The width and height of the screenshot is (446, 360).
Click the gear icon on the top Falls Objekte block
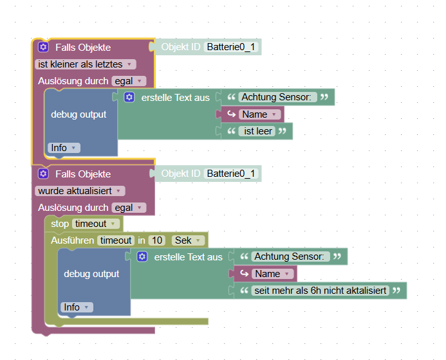tap(43, 47)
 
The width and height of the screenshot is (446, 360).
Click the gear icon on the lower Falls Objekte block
tap(43, 174)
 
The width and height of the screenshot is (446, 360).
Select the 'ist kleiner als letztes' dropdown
tap(85, 64)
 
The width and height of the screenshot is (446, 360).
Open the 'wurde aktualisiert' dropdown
tap(80, 191)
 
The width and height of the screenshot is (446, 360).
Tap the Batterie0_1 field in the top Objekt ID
tap(231, 47)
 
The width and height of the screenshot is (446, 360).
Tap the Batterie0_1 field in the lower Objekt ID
tap(231, 174)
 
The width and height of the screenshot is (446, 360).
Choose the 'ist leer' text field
tap(257, 131)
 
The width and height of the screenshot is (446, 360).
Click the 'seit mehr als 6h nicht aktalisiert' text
tap(321, 291)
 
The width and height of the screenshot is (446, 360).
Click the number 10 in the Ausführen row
tap(156, 240)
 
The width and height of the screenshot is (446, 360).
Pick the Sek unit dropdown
tap(188, 240)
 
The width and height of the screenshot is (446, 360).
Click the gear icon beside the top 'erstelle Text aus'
tap(129, 97)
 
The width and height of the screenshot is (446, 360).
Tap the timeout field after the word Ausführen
tap(115, 240)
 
